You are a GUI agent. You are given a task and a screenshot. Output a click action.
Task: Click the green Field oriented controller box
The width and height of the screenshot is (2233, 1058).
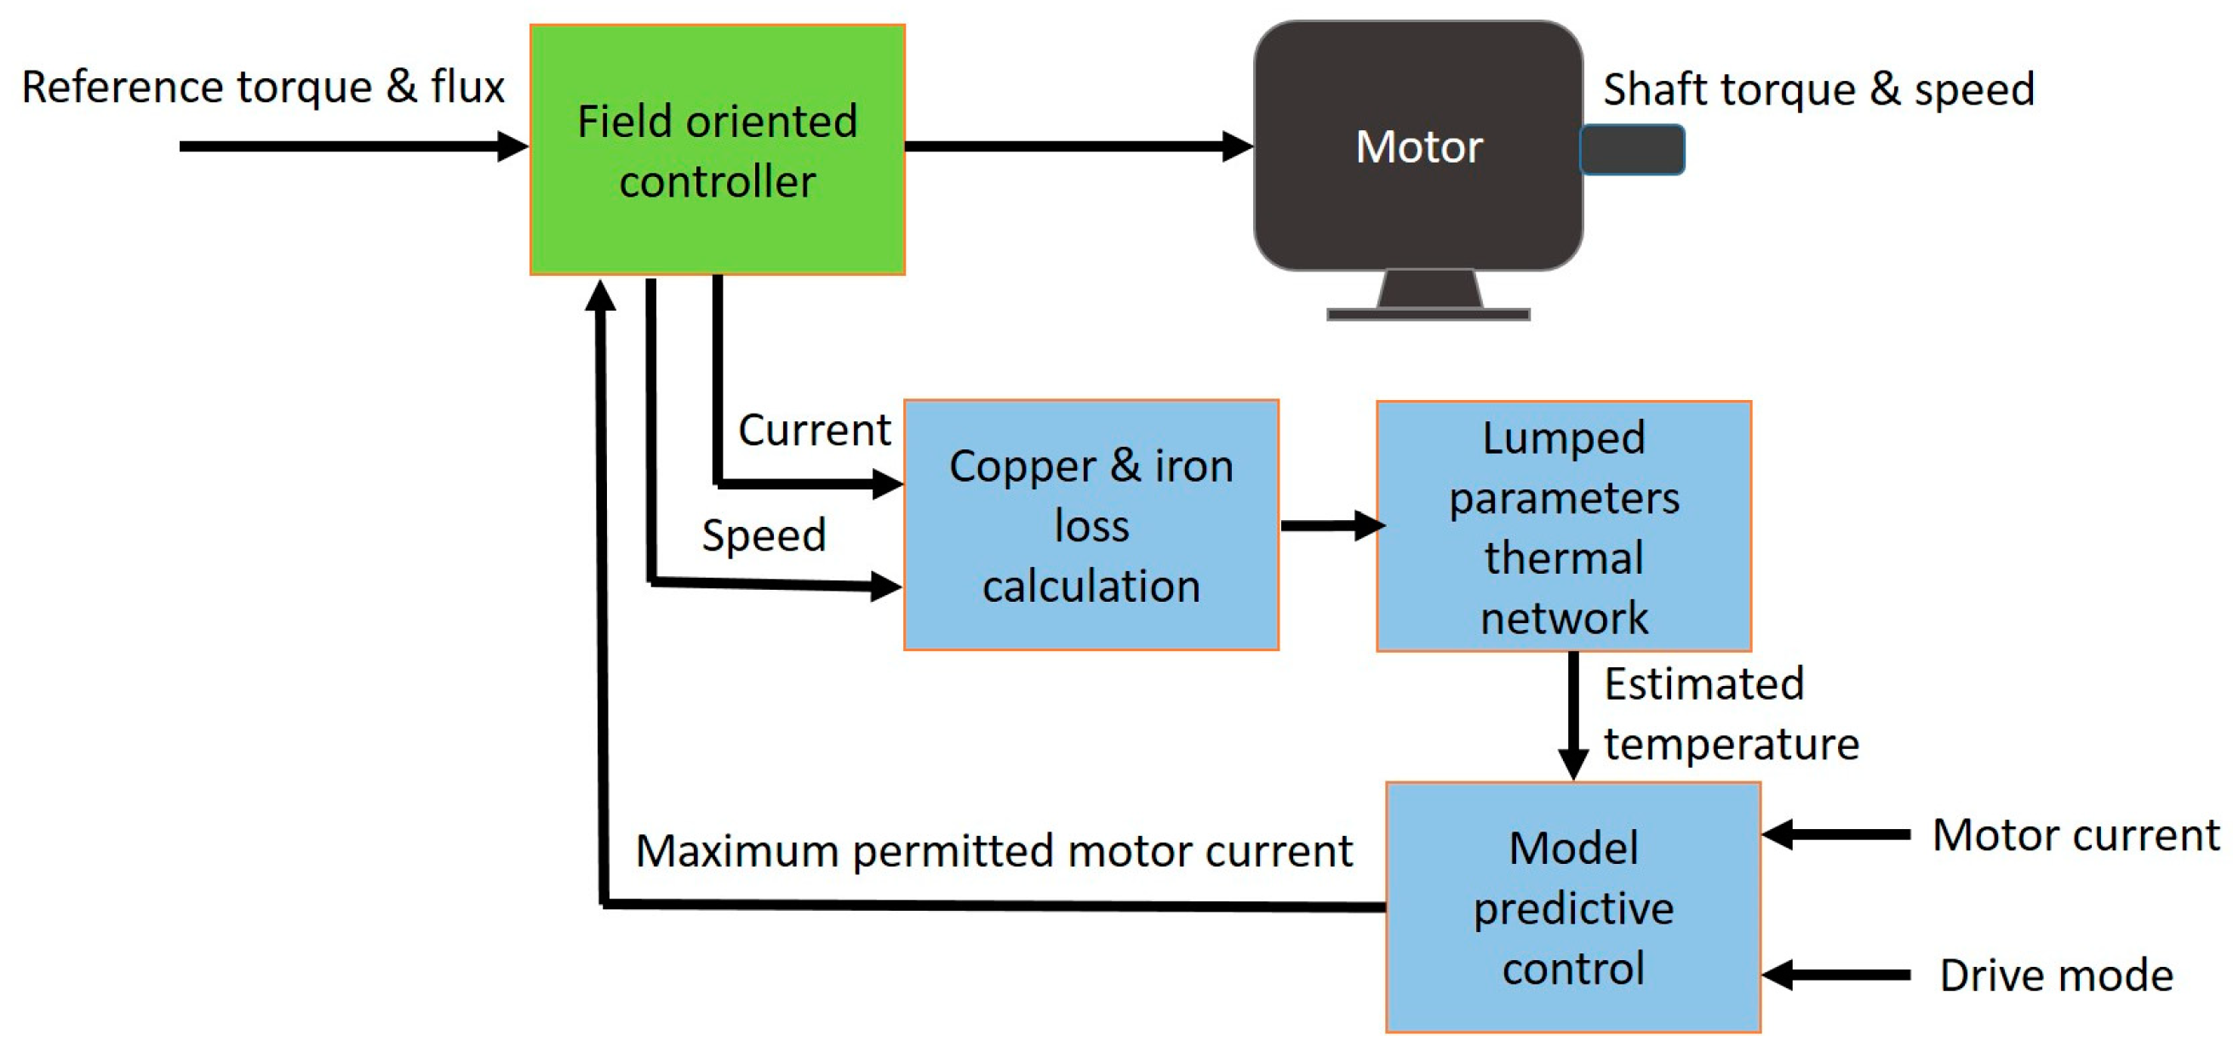[717, 150]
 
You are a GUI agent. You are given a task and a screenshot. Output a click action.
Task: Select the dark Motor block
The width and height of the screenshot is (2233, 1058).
[1418, 146]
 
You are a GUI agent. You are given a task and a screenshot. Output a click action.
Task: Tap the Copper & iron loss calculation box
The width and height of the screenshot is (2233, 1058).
[1091, 525]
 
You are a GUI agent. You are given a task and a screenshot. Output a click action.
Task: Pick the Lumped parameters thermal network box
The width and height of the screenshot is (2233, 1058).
[1564, 526]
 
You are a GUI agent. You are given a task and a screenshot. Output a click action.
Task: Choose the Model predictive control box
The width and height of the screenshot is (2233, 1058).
[1573, 907]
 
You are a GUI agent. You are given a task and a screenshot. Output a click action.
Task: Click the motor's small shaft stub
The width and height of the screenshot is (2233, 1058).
[1632, 150]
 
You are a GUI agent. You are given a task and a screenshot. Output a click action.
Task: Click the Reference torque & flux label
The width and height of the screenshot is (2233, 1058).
[263, 88]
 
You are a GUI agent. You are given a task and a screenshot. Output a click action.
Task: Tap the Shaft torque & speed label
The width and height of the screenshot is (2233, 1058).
[1818, 89]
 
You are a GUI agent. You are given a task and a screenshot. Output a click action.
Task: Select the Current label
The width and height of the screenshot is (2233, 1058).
[814, 430]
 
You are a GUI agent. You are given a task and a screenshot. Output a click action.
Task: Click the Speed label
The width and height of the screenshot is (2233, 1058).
[764, 535]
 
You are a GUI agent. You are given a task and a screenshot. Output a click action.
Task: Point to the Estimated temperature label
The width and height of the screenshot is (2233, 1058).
[1731, 713]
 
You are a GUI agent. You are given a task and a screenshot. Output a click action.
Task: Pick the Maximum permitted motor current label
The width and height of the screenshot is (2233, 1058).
[994, 851]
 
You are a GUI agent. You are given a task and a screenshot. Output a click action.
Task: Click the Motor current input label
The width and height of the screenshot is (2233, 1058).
[2076, 835]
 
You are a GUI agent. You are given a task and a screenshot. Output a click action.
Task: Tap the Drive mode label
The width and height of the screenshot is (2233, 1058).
[2056, 975]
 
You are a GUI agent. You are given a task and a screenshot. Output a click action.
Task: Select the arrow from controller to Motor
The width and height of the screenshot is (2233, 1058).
[1079, 146]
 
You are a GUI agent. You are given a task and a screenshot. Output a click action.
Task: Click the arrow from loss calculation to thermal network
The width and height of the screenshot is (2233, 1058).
[1333, 525]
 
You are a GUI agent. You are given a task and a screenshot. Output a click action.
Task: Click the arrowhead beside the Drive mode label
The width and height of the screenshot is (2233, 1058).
[1778, 975]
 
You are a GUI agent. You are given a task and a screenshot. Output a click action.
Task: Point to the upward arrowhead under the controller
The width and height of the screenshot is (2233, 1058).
[600, 295]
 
